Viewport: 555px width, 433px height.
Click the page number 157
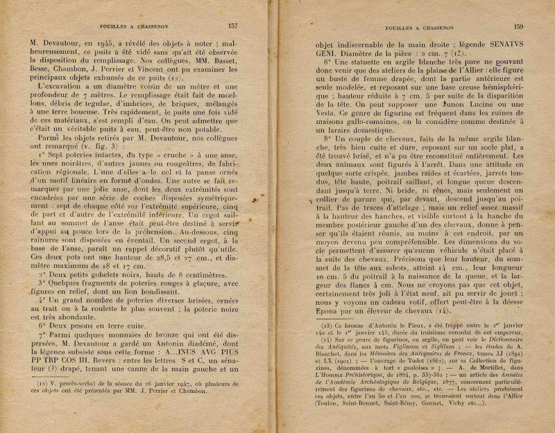[x=232, y=26]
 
